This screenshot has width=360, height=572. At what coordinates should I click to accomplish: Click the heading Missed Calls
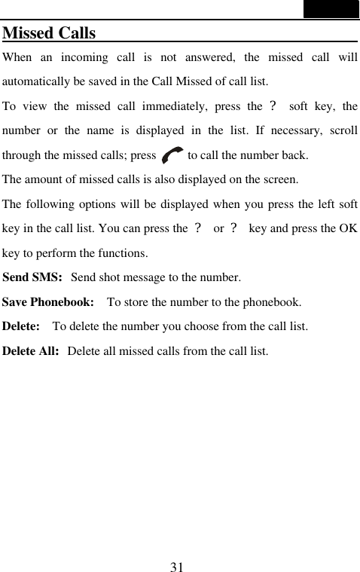(50, 34)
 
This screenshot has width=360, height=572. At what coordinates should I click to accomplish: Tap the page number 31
(178, 566)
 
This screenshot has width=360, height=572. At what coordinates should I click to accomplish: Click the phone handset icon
(172, 156)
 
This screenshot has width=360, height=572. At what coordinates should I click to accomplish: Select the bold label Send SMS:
(32, 277)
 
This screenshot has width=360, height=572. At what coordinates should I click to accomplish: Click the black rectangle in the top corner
(331, 9)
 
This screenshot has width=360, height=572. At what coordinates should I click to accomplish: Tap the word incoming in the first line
(84, 57)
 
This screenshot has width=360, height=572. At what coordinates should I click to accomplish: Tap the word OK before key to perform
(348, 228)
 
